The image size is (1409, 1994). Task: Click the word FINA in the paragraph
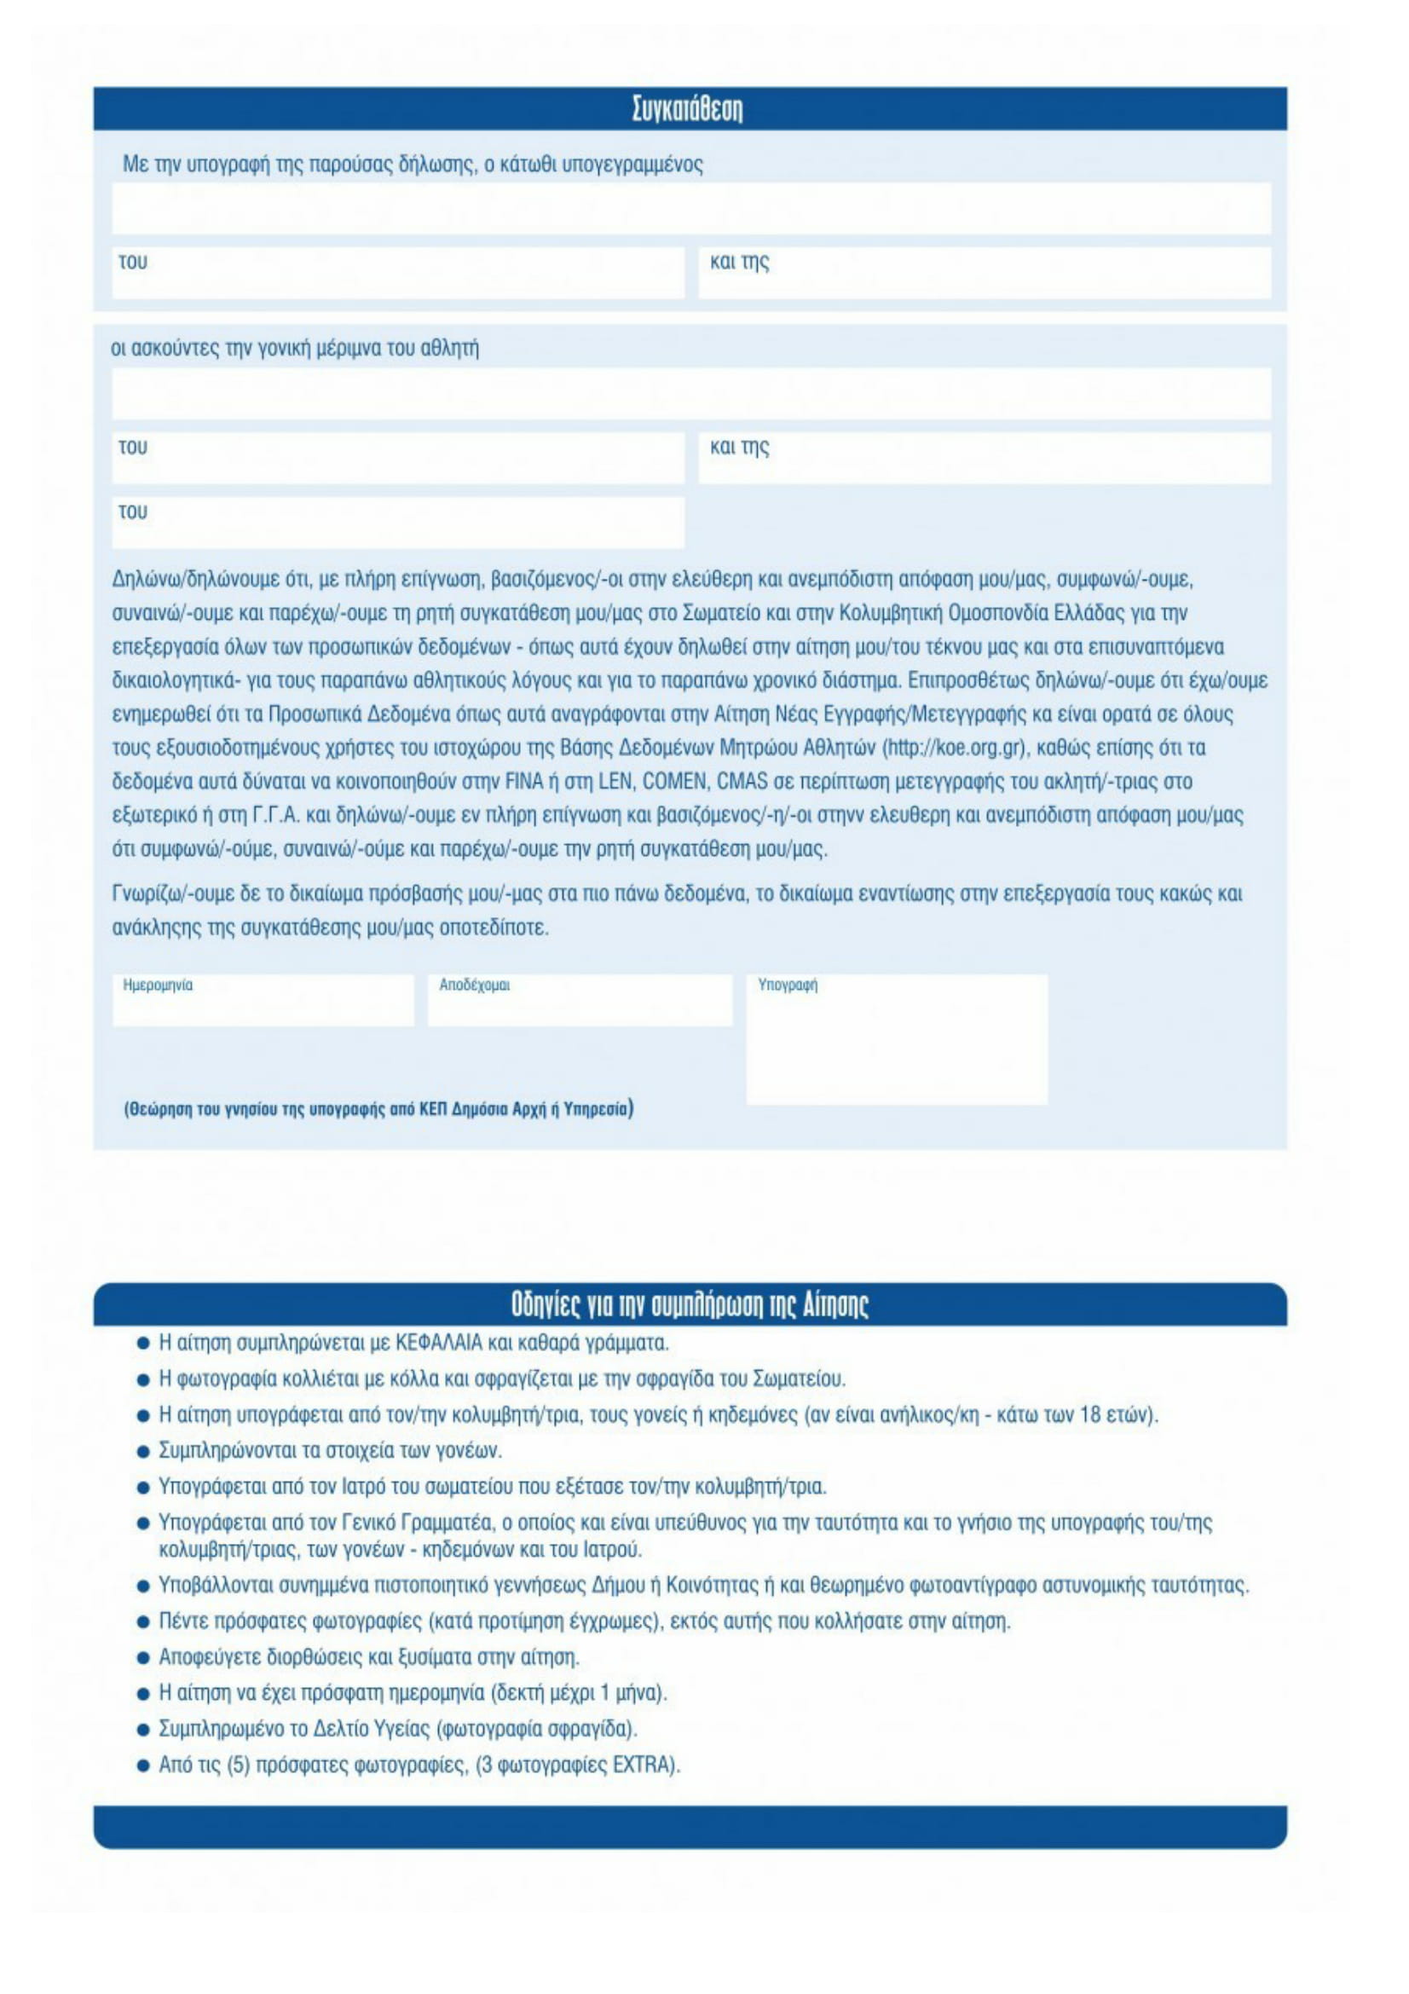coord(524,782)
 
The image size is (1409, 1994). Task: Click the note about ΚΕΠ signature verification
coord(378,1109)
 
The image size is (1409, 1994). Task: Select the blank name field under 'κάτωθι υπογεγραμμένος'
coord(690,208)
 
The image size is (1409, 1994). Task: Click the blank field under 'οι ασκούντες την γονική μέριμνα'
coord(690,393)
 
